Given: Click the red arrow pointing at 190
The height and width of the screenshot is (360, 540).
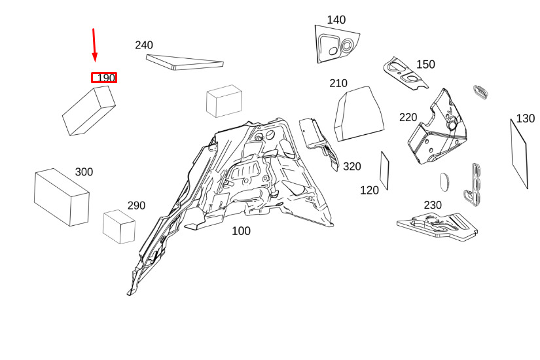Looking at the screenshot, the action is (94, 45).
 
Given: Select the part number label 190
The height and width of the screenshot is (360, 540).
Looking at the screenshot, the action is (106, 78).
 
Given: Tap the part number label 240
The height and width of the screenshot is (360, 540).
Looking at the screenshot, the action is (144, 45).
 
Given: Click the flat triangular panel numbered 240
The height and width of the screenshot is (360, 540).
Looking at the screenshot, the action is (185, 62).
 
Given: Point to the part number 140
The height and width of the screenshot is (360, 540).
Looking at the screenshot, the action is (336, 20).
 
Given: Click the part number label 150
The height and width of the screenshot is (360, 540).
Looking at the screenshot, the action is (425, 64).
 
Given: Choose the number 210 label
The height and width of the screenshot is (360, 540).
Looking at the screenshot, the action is (338, 83).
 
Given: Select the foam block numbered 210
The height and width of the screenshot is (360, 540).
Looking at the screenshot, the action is (359, 114).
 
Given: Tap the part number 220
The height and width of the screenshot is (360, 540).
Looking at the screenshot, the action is (408, 117).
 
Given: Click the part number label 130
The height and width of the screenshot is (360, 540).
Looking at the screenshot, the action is (525, 118).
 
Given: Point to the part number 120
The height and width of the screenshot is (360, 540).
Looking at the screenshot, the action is (369, 190).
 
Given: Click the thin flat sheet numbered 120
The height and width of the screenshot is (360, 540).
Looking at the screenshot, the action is (384, 171).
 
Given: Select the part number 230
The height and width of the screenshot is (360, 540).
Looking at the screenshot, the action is (433, 206).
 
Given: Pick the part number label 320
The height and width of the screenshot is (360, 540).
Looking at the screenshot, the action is (352, 167).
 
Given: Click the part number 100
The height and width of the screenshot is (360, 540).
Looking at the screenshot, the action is (241, 231).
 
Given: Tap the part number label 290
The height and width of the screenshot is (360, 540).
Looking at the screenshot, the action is (136, 206).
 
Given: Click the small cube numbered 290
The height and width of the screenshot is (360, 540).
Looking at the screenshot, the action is (119, 226).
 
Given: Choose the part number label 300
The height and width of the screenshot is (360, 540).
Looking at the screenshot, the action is (84, 172).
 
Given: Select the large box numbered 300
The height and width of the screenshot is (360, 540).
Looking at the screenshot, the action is (62, 197).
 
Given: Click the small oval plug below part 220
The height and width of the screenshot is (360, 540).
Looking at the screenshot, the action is (445, 181).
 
